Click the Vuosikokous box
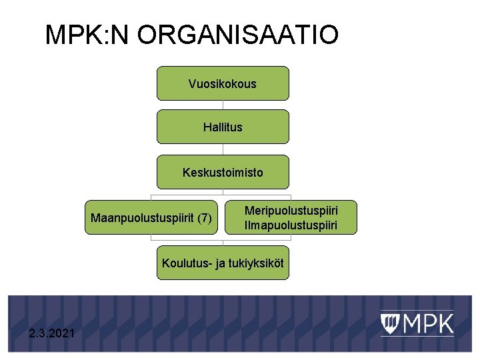(223, 83)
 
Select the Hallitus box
(223, 127)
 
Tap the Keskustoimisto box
(223, 172)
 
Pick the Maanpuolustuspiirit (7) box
(151, 217)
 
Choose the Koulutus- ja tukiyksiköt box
(223, 263)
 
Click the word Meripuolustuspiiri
(291, 210)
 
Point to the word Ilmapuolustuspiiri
(291, 225)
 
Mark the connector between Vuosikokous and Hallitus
(223, 105)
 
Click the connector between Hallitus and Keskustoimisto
(223, 149)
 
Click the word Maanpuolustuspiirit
(143, 218)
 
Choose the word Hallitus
(223, 127)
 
